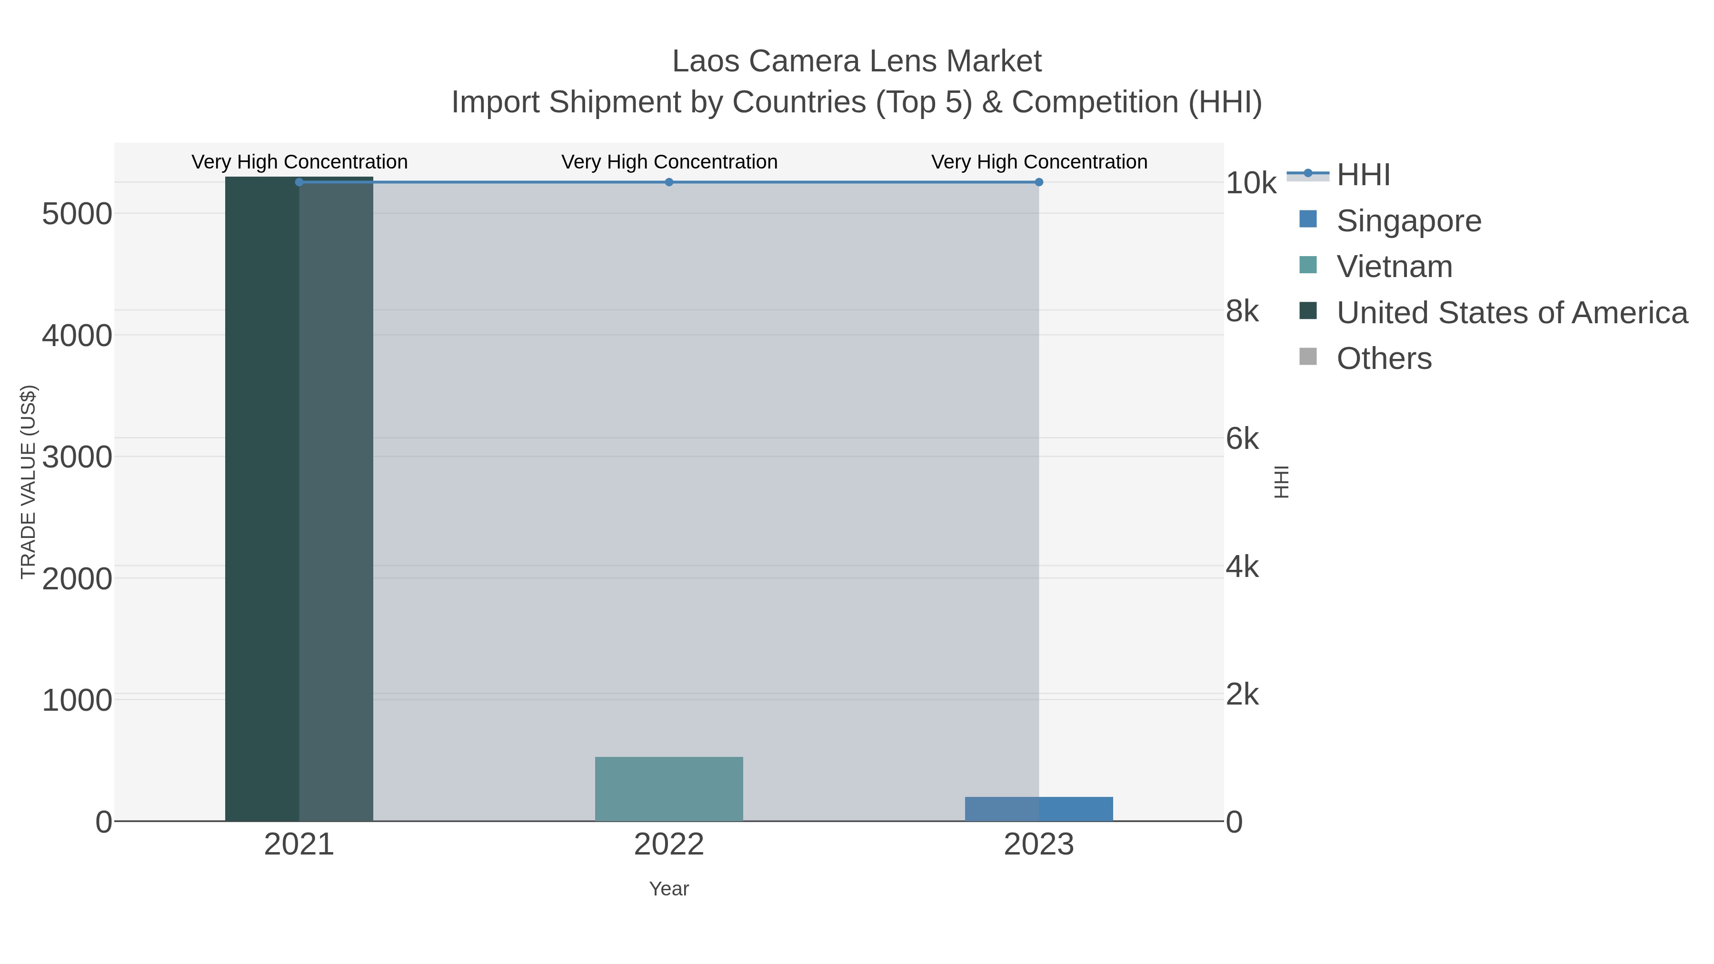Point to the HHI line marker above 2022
(669, 182)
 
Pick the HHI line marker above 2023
(1039, 182)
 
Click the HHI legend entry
(1362, 175)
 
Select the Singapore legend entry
(1408, 221)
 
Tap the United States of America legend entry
(1510, 313)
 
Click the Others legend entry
(1383, 358)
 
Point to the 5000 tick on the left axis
(77, 214)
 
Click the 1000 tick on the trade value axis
(77, 701)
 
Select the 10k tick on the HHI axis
(1250, 184)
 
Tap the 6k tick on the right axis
(1242, 439)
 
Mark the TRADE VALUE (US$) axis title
(29, 482)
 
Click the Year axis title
(669, 889)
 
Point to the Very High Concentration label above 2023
(1039, 162)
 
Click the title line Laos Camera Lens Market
(857, 61)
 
